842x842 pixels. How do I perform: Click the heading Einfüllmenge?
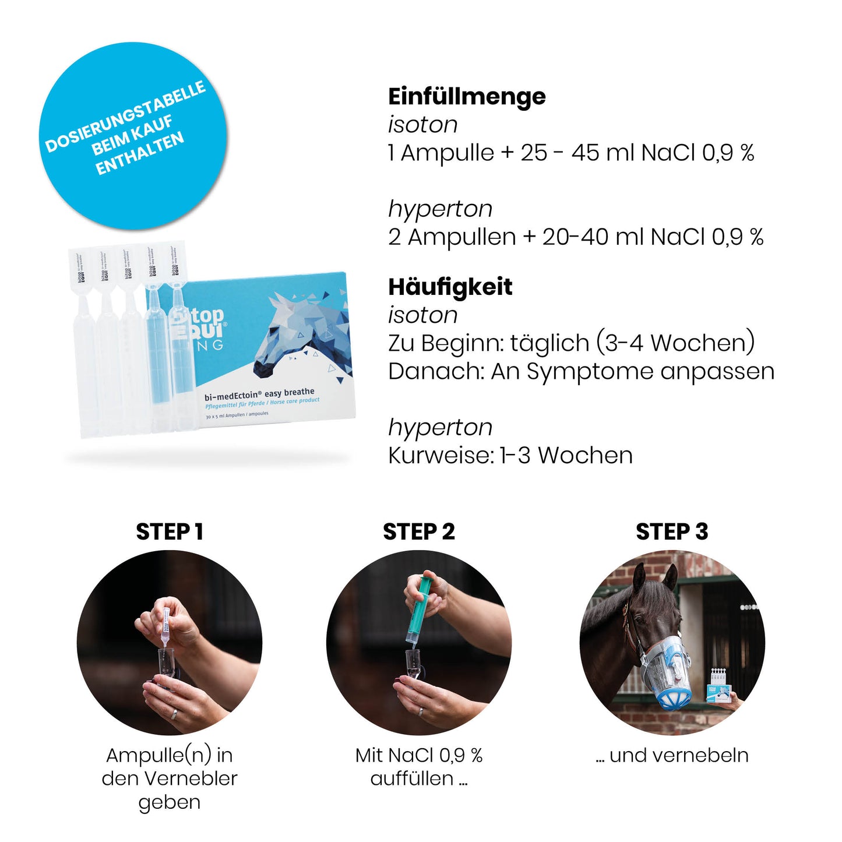pyautogui.click(x=467, y=97)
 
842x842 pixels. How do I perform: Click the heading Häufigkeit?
pyautogui.click(x=450, y=287)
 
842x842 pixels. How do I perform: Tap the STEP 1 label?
pyautogui.click(x=169, y=531)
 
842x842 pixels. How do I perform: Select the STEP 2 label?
pyautogui.click(x=418, y=531)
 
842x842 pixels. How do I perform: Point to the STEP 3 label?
pyautogui.click(x=671, y=531)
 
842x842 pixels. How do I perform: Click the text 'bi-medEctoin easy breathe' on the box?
pyautogui.click(x=259, y=394)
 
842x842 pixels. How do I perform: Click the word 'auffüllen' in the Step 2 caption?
pyautogui.click(x=412, y=778)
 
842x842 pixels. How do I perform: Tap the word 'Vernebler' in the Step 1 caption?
pyautogui.click(x=191, y=778)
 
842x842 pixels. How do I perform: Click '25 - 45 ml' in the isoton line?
pyautogui.click(x=577, y=153)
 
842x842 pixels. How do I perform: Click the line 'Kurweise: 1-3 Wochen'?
pyautogui.click(x=510, y=455)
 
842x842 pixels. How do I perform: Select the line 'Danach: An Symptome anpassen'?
pyautogui.click(x=580, y=371)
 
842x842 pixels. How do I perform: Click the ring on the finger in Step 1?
pyautogui.click(x=174, y=714)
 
